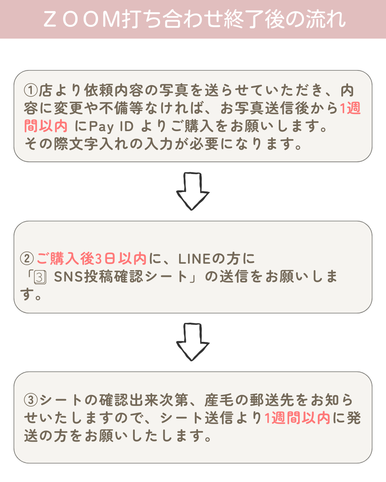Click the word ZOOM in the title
click(82, 19)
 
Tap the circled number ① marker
click(31, 90)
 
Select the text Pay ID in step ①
click(111, 126)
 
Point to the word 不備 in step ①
click(114, 108)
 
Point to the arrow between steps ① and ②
click(193, 191)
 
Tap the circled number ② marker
click(27, 258)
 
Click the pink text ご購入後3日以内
click(91, 258)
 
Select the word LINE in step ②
click(195, 258)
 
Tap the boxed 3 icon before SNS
click(40, 277)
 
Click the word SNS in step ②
click(68, 277)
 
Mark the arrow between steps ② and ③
click(193, 342)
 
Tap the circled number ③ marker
click(31, 400)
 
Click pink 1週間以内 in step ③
click(297, 418)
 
